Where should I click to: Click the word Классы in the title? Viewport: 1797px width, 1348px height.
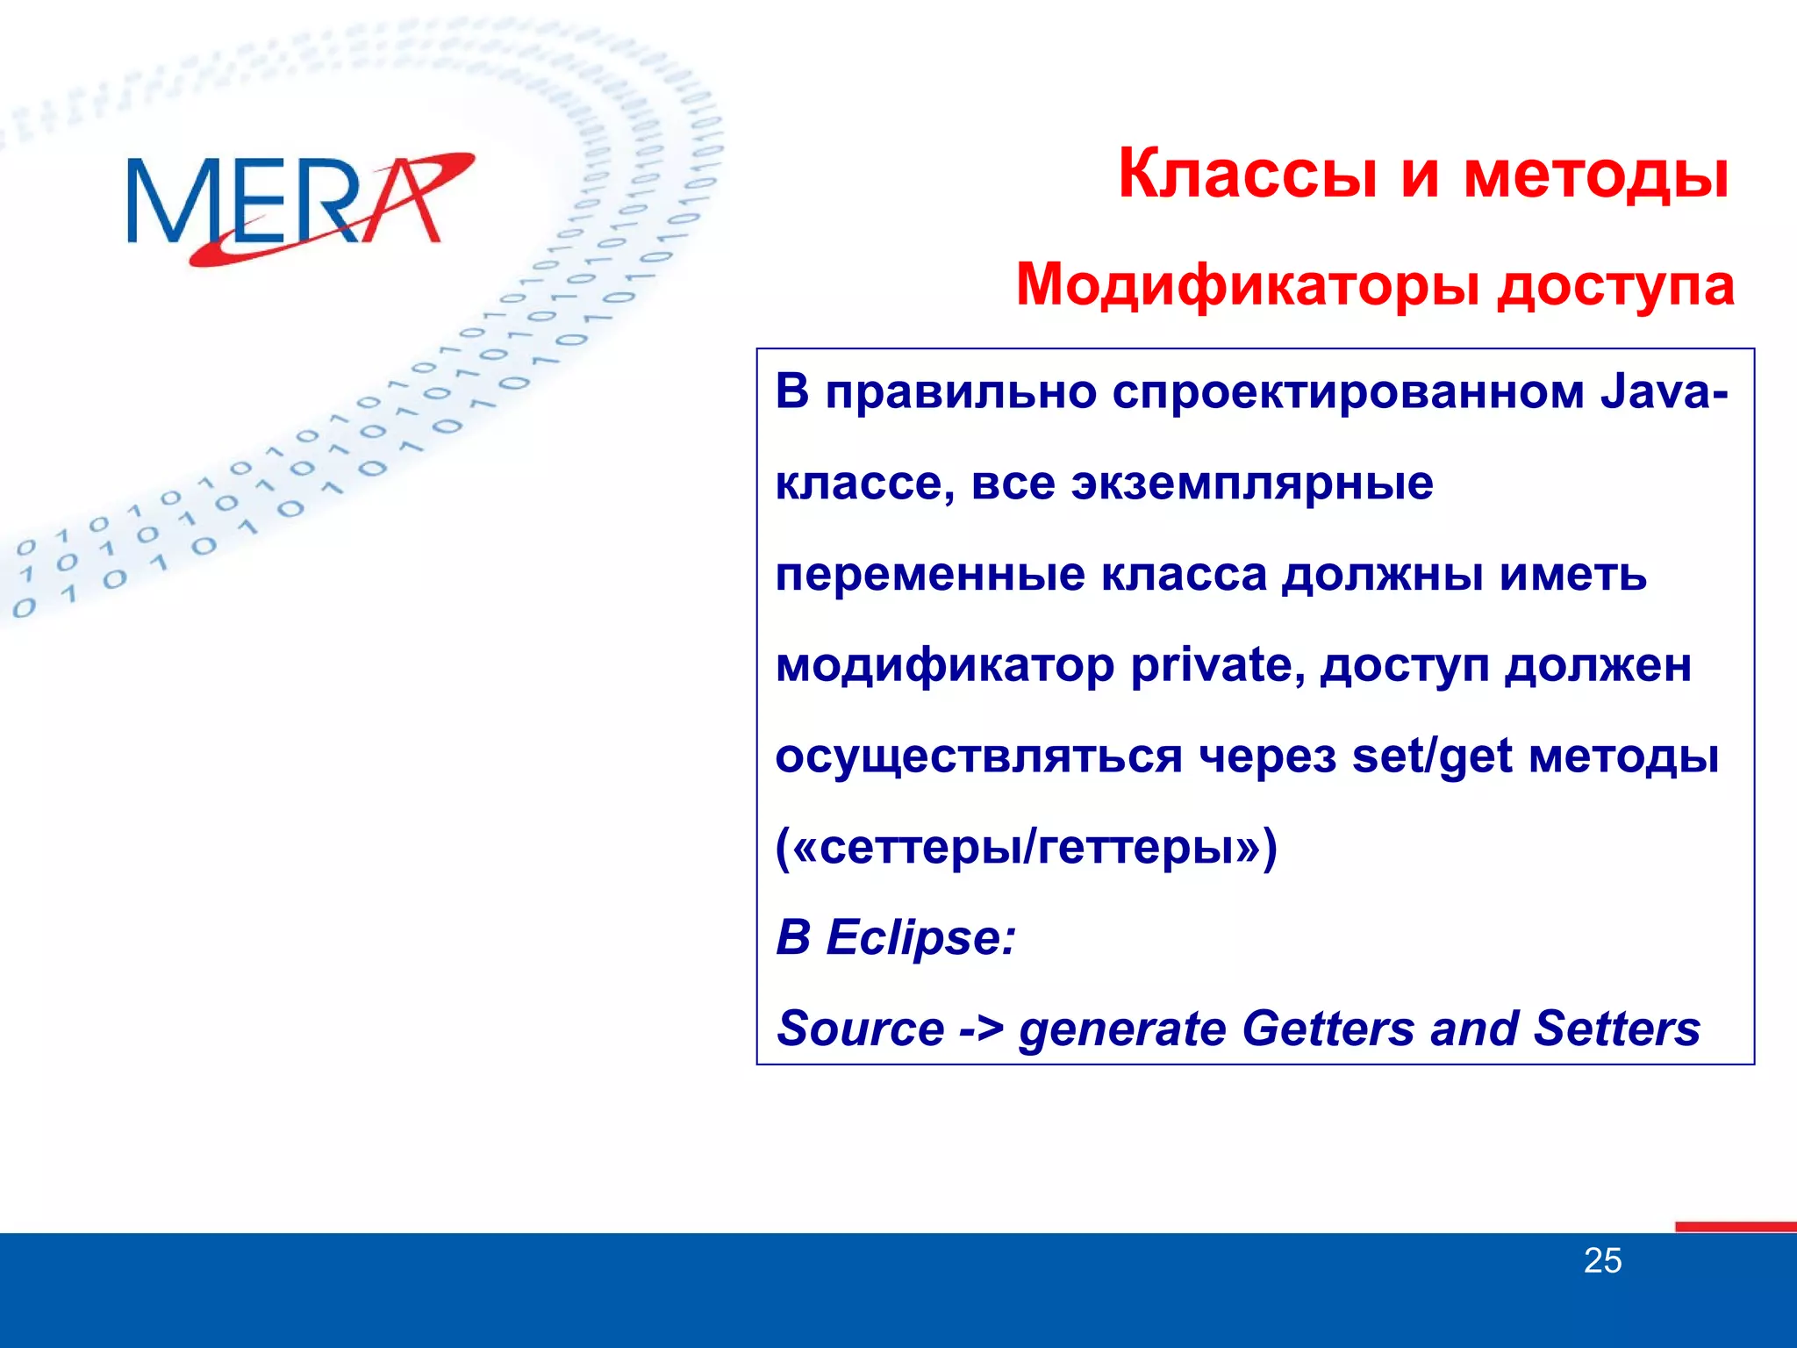point(1247,175)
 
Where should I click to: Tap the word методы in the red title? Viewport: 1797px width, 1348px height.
point(1596,175)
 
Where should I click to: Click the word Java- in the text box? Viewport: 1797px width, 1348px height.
point(1664,391)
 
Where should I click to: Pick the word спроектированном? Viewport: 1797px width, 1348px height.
point(1348,393)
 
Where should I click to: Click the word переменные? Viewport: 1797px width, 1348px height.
point(930,575)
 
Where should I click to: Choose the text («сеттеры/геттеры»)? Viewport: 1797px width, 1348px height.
point(1027,848)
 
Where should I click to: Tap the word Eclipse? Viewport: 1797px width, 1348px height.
point(920,937)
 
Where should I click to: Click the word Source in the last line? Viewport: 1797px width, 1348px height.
point(860,1029)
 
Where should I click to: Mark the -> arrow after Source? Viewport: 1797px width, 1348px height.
point(980,1029)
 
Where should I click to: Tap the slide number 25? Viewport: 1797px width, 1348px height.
point(1602,1261)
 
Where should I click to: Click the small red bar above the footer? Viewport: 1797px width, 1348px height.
point(1735,1227)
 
